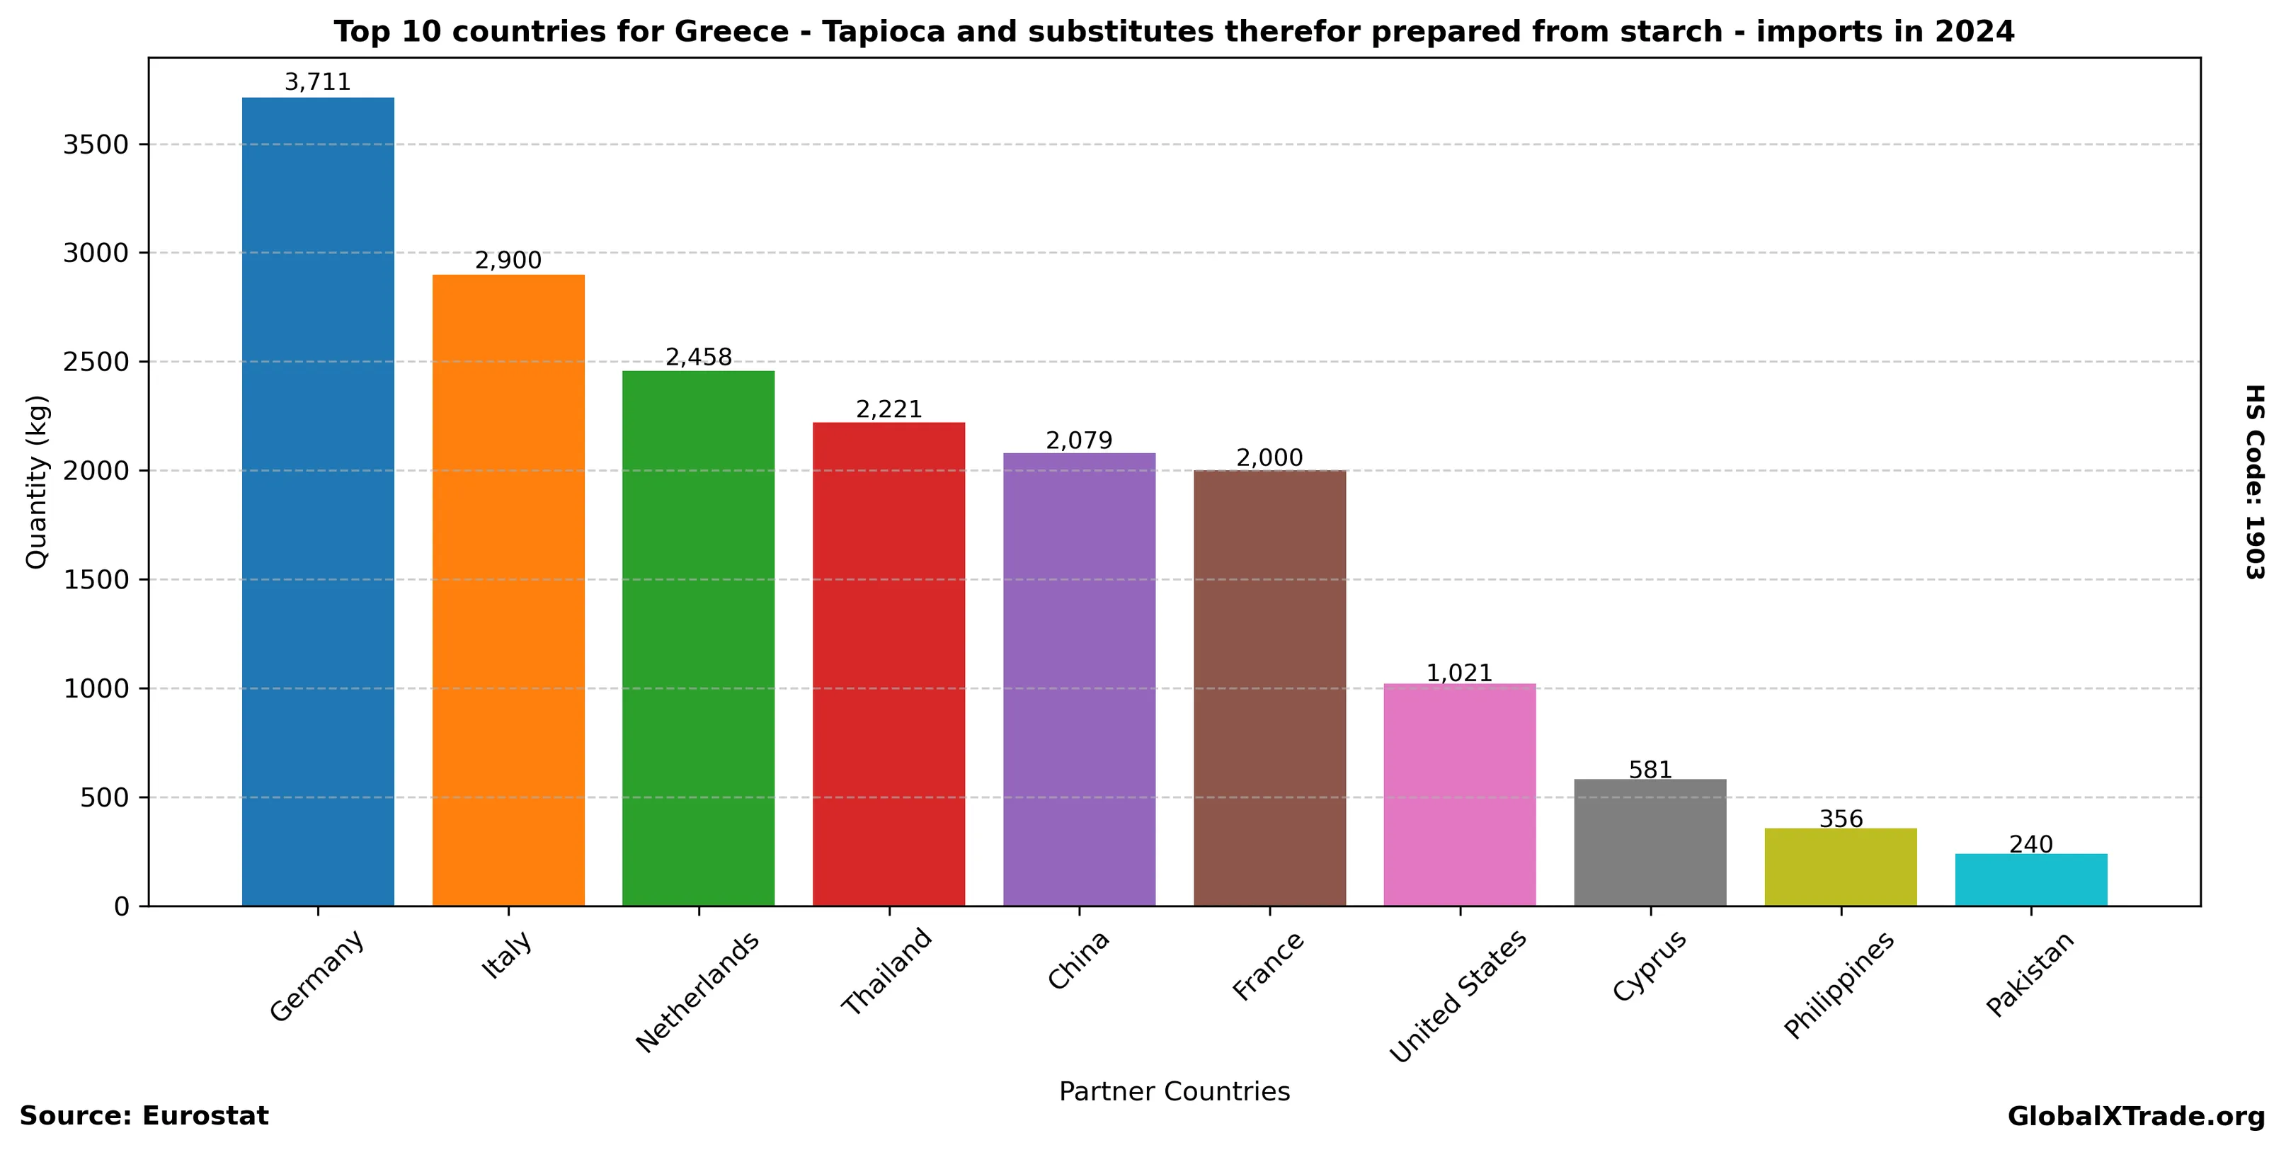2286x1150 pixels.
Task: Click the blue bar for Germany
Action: coord(318,501)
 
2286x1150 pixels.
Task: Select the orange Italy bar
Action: coord(508,590)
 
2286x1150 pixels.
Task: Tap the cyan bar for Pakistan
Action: coord(2031,879)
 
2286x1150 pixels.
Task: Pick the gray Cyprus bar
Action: coord(1650,842)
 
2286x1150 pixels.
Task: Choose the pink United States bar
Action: coord(1460,795)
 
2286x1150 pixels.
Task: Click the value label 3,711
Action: coord(318,83)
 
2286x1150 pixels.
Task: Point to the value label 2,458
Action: coord(698,358)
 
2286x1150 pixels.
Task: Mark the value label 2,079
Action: coord(1079,440)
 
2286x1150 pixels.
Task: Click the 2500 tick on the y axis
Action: coord(96,362)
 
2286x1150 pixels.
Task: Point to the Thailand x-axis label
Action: coord(886,972)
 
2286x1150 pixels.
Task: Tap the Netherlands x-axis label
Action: coord(698,992)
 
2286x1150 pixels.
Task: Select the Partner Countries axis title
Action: coord(1174,1091)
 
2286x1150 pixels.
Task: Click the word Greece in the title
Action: coord(731,32)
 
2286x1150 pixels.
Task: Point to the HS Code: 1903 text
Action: coord(2255,482)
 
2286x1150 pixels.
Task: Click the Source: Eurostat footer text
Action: coord(144,1116)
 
